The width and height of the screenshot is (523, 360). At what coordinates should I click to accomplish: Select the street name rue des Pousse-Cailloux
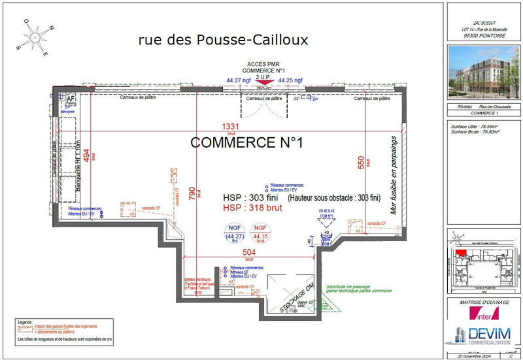coord(223,40)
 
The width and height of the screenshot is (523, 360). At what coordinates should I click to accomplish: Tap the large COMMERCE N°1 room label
coord(246,142)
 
